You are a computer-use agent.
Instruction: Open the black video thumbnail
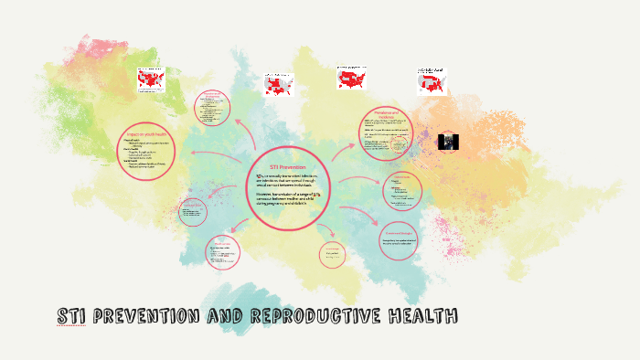(448, 142)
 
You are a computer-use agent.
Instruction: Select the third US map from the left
(353, 79)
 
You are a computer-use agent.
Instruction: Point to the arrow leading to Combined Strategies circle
(360, 218)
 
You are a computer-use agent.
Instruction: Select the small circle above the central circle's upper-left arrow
(212, 107)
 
